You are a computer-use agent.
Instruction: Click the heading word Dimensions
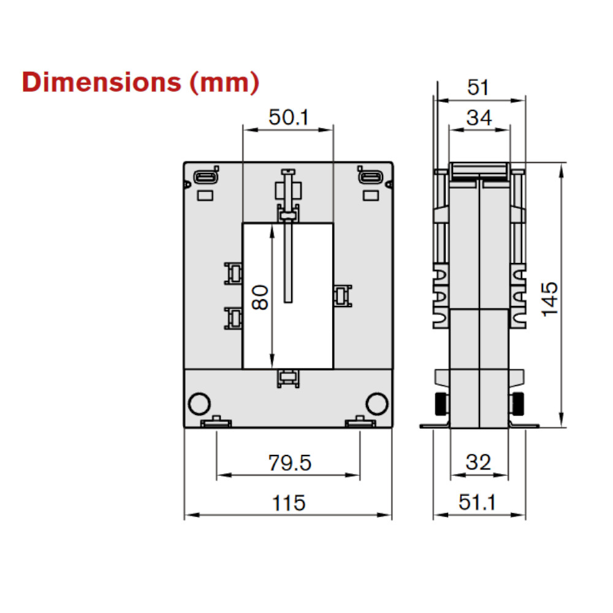(101, 82)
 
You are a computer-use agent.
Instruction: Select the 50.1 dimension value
(288, 117)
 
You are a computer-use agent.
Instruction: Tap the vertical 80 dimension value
(260, 297)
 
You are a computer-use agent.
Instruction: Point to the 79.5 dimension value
(289, 463)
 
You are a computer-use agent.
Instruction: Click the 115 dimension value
(289, 503)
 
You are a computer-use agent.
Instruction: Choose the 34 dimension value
(479, 117)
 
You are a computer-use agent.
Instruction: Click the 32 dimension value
(478, 463)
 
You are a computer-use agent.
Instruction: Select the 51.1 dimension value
(478, 503)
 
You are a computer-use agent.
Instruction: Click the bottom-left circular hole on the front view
(199, 403)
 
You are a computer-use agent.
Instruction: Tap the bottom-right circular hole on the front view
(377, 403)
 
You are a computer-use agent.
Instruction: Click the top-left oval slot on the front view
(205, 177)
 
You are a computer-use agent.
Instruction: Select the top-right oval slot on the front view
(370, 177)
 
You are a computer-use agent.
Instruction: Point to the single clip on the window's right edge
(341, 296)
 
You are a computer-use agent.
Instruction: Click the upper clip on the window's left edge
(233, 273)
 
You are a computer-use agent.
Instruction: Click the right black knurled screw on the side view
(517, 403)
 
